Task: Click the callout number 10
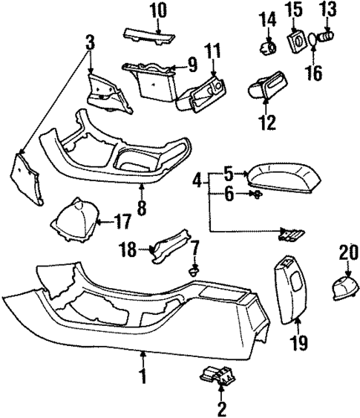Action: (157, 11)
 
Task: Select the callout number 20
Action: (347, 252)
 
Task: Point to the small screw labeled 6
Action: (256, 196)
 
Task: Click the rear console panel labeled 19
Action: (292, 290)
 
